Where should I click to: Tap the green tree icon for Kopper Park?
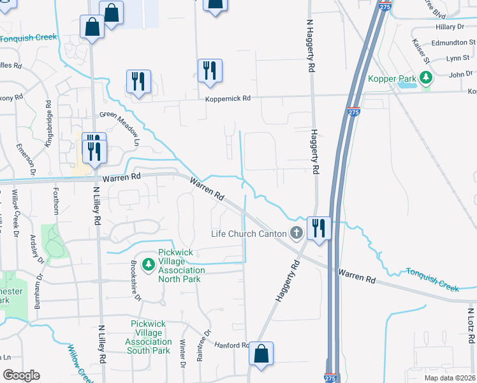coord(425,79)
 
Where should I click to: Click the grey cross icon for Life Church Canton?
coord(296,233)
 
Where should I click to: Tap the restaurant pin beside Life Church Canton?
coord(318,227)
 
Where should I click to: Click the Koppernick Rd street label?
coord(228,99)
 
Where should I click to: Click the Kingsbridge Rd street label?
coord(48,124)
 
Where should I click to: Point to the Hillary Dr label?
coord(450,27)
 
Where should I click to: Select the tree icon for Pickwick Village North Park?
coord(149,264)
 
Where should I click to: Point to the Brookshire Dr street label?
coord(136,285)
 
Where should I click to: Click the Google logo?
coord(21,375)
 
